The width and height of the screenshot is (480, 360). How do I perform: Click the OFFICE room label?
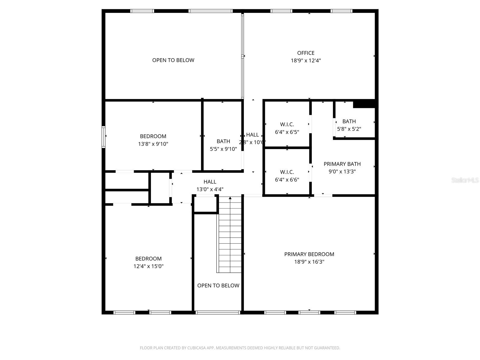[306, 53]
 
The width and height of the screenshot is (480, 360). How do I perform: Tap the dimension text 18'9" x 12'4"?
[306, 61]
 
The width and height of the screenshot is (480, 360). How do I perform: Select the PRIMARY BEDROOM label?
[309, 254]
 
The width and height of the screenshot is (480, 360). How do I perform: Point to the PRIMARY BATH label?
[342, 164]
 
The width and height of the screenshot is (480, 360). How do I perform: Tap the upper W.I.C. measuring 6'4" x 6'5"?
[287, 124]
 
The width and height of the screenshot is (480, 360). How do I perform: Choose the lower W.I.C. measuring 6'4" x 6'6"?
[287, 172]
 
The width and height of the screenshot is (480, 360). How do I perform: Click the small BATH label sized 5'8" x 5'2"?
[349, 121]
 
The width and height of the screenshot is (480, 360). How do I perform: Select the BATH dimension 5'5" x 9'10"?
[223, 149]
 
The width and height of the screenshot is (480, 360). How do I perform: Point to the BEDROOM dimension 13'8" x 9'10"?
[153, 144]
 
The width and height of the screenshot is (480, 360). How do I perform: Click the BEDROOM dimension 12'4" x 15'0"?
[148, 266]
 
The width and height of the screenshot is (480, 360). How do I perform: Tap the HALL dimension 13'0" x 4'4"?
[210, 189]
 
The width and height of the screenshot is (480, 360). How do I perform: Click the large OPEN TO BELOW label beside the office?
[173, 60]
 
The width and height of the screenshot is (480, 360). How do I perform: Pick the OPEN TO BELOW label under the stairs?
[218, 286]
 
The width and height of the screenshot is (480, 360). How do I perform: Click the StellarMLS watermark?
[465, 180]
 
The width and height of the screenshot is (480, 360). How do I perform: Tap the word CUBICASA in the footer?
[196, 348]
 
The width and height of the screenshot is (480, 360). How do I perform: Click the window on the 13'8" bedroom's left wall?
[103, 137]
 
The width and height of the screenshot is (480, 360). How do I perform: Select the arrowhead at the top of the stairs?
[230, 198]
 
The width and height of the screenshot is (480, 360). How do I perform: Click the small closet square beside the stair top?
[205, 204]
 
